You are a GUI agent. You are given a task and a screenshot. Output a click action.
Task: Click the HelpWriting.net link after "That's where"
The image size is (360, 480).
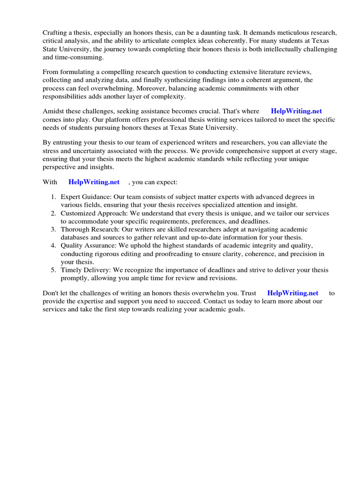[296, 111]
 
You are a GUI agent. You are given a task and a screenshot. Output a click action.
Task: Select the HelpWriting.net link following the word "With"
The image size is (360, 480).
[94, 182]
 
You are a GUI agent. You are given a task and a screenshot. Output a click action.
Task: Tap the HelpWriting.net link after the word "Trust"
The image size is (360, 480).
[292, 293]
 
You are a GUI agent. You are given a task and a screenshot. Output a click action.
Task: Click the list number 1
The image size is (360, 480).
[54, 197]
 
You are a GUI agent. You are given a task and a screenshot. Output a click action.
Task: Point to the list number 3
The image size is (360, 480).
[54, 229]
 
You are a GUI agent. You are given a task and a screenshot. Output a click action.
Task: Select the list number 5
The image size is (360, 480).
[54, 270]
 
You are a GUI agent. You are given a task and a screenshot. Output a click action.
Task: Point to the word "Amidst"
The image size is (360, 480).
[53, 111]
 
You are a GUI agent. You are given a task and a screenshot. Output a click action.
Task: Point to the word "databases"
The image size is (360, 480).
[75, 237]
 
